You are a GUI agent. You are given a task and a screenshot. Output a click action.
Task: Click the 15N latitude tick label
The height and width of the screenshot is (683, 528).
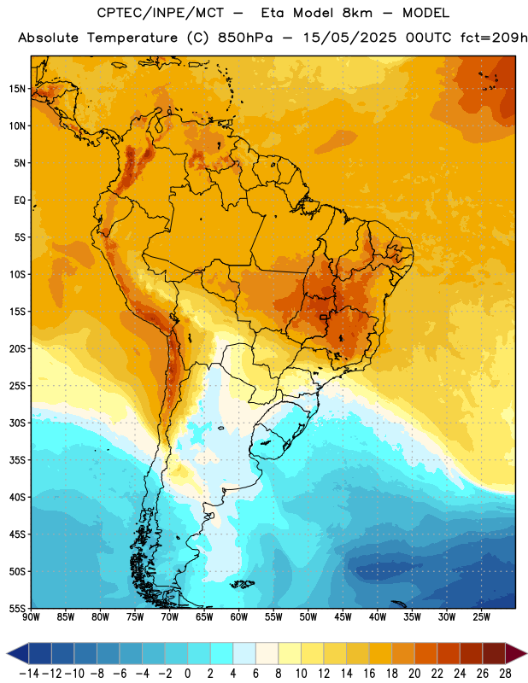(17, 89)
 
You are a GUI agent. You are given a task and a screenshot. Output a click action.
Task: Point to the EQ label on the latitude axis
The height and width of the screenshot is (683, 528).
(20, 201)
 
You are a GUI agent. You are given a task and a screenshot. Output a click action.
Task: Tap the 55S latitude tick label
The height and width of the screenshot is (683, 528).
(17, 608)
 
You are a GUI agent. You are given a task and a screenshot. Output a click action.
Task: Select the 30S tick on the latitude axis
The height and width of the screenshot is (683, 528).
(17, 423)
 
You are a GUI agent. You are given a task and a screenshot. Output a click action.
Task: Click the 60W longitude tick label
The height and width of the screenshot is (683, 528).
(239, 617)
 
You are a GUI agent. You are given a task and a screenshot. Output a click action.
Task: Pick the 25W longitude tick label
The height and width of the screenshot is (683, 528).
(481, 617)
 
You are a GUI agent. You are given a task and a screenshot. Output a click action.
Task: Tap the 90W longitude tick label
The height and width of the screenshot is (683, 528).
(31, 617)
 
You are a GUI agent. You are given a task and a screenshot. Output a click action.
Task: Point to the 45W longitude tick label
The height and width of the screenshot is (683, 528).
(343, 617)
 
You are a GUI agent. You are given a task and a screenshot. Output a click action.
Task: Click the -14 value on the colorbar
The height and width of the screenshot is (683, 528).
(29, 674)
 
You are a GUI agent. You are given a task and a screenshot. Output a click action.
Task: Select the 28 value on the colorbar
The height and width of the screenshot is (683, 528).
(505, 674)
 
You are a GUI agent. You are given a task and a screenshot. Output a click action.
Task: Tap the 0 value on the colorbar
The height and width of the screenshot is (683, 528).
(188, 674)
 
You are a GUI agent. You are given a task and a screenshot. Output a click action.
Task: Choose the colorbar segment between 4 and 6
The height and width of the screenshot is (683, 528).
(244, 653)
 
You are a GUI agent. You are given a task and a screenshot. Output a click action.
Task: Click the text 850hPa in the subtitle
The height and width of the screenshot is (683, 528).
(245, 38)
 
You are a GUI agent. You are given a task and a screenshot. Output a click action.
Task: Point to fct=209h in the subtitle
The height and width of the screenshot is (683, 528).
(494, 38)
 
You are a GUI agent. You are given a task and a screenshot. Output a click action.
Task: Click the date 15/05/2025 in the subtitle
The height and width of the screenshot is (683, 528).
(350, 38)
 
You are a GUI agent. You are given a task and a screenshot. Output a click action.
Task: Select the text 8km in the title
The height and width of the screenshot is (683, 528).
(357, 13)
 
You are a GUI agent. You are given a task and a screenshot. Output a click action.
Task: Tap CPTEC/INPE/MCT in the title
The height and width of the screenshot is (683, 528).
(160, 14)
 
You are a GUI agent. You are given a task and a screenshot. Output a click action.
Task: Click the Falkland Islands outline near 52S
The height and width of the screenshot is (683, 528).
(242, 584)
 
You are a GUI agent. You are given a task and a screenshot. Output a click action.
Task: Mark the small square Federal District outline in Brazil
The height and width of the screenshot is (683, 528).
(323, 318)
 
